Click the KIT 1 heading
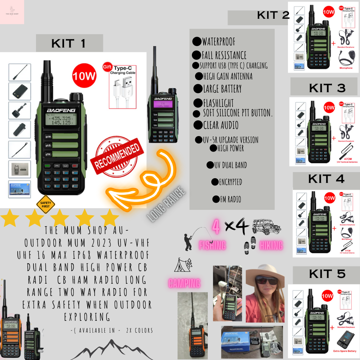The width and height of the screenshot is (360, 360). tap(69, 44)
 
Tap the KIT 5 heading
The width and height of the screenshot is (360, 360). tap(327, 274)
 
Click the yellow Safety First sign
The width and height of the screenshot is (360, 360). tap(45, 205)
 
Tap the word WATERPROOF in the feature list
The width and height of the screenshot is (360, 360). tap(219, 42)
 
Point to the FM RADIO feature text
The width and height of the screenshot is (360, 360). tap(230, 199)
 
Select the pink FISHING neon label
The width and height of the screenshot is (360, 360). tap(212, 246)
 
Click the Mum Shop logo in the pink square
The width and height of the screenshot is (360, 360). tap(12, 12)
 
